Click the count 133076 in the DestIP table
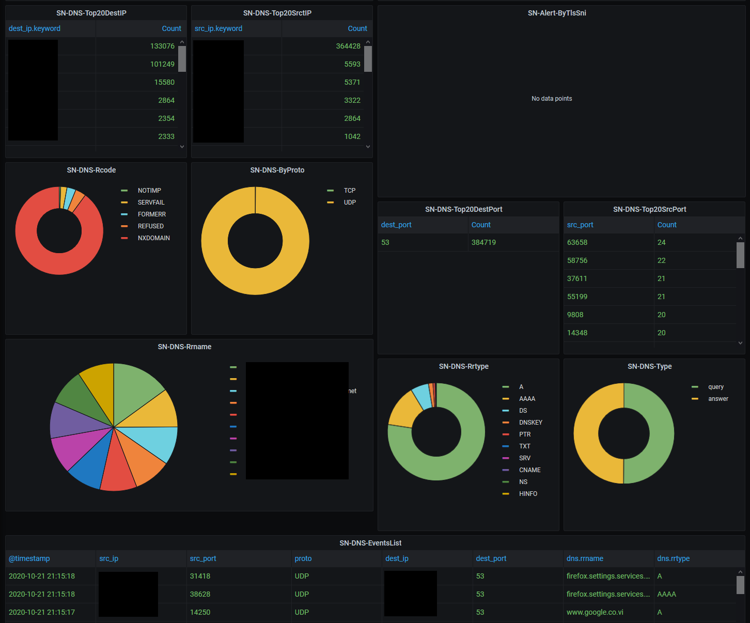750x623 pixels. click(162, 46)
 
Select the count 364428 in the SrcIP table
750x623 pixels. click(348, 46)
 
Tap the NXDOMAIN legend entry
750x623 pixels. click(153, 238)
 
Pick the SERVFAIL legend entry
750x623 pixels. click(151, 203)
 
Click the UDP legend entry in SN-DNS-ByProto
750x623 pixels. click(350, 203)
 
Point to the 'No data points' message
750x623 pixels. click(552, 99)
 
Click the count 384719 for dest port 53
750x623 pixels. click(483, 242)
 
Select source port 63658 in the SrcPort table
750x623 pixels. click(577, 242)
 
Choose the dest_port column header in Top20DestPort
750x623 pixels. click(396, 225)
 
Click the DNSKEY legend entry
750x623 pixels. click(530, 423)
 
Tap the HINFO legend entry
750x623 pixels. click(528, 494)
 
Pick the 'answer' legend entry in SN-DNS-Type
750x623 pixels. click(718, 399)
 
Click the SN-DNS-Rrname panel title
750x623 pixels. click(184, 347)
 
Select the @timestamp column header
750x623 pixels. click(29, 558)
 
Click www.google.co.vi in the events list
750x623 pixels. click(595, 612)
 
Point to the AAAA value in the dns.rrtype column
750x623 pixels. click(666, 594)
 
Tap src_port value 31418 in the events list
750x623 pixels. click(200, 576)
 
